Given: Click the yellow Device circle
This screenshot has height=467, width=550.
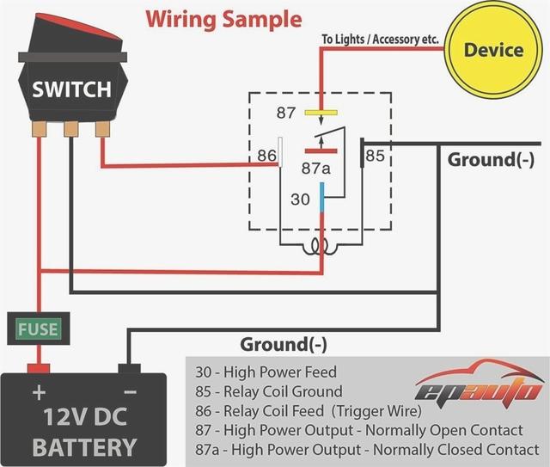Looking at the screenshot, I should pyautogui.click(x=492, y=50).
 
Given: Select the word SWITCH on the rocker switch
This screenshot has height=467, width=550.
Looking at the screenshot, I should pyautogui.click(x=71, y=89).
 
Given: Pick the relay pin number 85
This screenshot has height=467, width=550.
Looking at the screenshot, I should pyautogui.click(x=376, y=156).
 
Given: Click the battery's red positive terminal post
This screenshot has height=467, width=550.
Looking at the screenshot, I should pyautogui.click(x=37, y=369).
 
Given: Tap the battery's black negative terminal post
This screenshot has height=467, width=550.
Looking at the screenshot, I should pyautogui.click(x=129, y=369).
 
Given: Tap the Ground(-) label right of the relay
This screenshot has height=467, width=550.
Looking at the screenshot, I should pyautogui.click(x=491, y=160).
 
